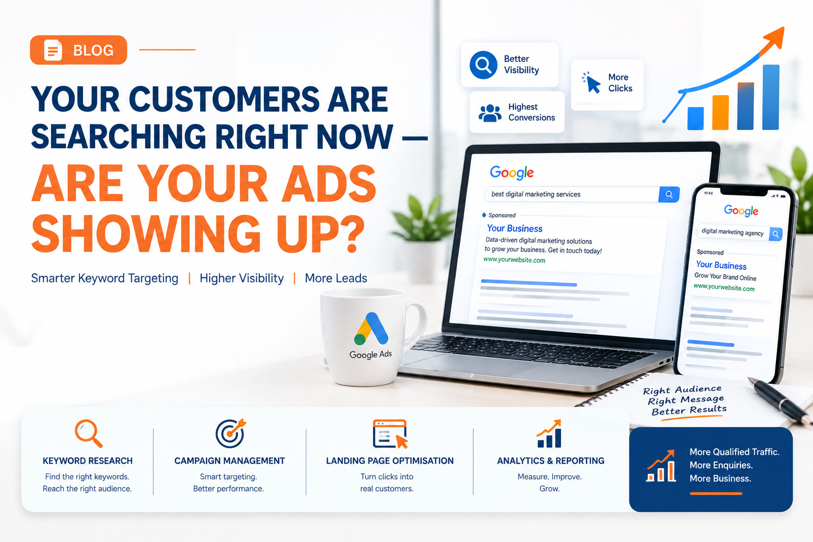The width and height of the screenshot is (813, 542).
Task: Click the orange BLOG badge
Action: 78,50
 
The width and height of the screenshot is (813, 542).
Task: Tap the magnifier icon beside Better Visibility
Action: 483,65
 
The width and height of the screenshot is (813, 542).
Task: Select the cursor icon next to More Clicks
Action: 591,83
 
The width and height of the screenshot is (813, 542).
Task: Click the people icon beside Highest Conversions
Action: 490,113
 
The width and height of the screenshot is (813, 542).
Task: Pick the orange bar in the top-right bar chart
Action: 720,112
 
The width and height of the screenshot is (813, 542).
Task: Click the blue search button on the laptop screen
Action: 669,195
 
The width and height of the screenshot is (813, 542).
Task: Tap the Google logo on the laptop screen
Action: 512,173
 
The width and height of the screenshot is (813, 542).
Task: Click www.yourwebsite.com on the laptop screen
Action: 514,260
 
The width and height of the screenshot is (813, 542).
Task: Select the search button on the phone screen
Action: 775,234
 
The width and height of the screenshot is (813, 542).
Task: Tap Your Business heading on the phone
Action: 721,265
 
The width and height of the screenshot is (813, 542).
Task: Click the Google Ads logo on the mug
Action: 371,329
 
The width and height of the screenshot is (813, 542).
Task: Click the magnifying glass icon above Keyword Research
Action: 88,433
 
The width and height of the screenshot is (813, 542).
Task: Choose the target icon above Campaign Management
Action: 230,433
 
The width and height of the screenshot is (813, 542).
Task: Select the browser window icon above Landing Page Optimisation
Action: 390,434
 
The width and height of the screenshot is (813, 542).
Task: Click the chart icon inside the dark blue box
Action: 661,465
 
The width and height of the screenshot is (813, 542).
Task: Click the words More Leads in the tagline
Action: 336,278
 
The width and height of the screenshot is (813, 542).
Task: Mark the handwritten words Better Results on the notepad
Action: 689,410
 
